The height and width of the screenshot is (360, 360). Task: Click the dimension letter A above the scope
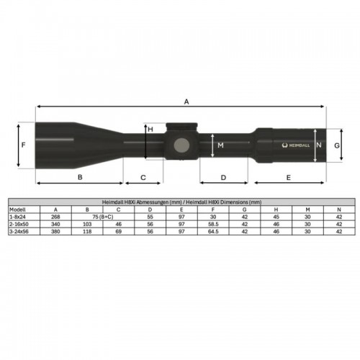186,103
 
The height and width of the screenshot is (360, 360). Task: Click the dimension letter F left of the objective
24,145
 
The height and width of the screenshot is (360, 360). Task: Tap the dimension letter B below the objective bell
80,176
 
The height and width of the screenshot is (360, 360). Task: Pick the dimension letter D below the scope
223,176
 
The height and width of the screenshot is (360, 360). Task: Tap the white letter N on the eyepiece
319,145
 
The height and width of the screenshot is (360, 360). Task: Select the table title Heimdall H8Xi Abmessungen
180,203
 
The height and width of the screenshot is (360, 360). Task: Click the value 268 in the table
55,216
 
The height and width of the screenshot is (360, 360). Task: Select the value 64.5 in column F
214,232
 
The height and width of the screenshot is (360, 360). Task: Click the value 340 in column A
55,224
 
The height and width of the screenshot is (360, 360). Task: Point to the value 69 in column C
118,232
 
